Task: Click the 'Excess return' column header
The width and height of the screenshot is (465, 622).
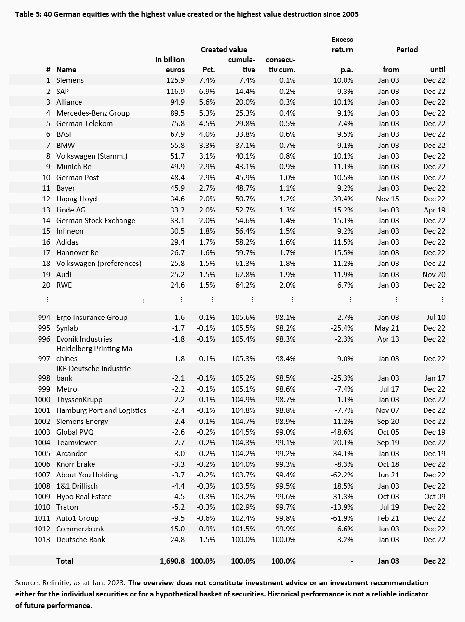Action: point(342,44)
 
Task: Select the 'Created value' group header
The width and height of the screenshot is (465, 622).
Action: point(224,49)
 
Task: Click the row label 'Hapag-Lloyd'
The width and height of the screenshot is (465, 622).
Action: point(77,199)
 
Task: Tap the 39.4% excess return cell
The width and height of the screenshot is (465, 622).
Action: point(343,199)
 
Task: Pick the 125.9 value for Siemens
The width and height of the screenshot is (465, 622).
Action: point(175,80)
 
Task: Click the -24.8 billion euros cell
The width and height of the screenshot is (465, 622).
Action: point(176,539)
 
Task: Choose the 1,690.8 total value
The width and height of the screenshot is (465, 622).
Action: point(172,561)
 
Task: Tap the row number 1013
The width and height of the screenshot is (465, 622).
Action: point(42,539)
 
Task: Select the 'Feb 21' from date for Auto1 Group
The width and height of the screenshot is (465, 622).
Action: point(388,518)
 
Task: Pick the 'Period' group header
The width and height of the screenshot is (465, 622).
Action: point(407,49)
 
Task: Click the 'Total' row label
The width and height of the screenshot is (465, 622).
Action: point(65,561)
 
